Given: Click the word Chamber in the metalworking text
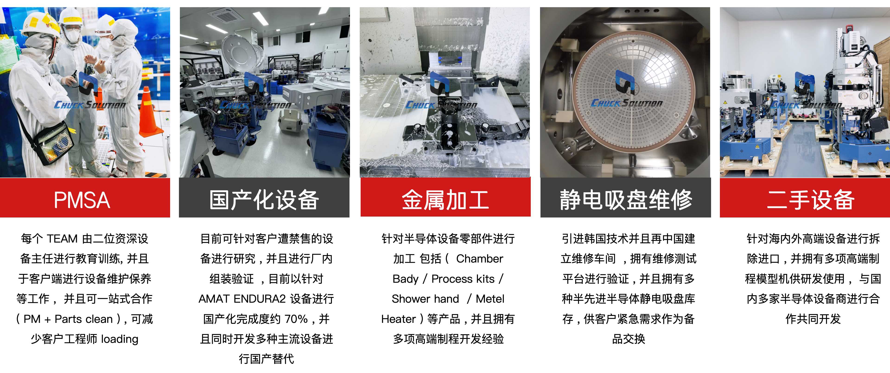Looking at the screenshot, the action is [x=480, y=259].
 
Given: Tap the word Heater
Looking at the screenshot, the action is [x=398, y=319].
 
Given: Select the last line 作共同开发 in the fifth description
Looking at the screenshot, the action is [x=813, y=319].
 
